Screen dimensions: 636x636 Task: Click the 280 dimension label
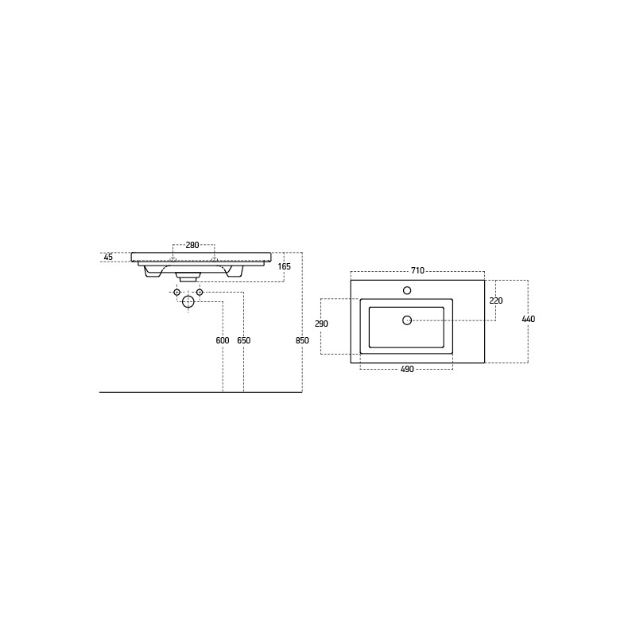[x=192, y=245]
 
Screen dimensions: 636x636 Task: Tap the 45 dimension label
[x=108, y=257]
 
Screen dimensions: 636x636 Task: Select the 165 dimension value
[x=285, y=266]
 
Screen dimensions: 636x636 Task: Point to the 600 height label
[x=223, y=341]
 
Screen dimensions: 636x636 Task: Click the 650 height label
[x=244, y=341]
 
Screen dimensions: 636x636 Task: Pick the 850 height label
[x=302, y=341]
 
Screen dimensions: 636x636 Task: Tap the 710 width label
[x=417, y=270]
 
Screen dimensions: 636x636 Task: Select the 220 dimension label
[x=495, y=301]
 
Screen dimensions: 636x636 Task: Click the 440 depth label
[x=529, y=320]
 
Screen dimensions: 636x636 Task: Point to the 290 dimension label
[x=321, y=324]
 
